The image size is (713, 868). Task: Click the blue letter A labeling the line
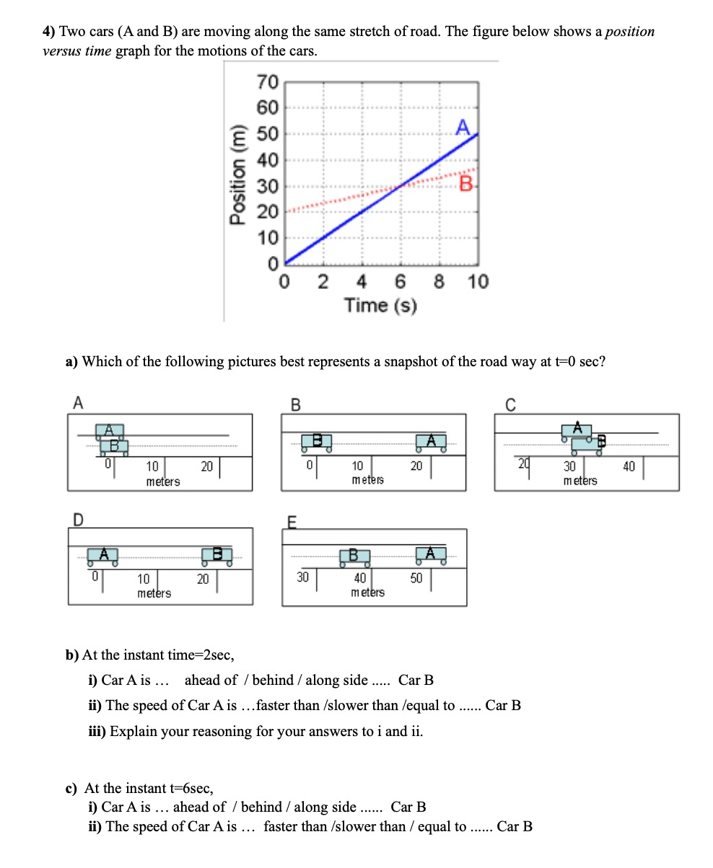tap(463, 128)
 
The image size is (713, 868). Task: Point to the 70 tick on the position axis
tap(266, 82)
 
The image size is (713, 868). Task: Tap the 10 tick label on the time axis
tap(477, 281)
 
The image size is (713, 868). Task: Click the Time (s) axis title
tap(380, 306)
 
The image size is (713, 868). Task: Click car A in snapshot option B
tap(430, 441)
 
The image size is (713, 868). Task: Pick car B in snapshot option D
tap(217, 555)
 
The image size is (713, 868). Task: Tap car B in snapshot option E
tap(354, 556)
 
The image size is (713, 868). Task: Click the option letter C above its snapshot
tap(510, 404)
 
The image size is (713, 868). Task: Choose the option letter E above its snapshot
tap(292, 521)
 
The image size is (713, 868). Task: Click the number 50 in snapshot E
tap(416, 578)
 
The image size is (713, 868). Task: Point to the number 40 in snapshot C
tap(629, 467)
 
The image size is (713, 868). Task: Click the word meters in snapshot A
tap(163, 482)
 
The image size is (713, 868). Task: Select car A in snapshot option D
tap(103, 555)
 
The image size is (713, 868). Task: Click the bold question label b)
tap(72, 655)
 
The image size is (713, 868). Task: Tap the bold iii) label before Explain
tap(97, 731)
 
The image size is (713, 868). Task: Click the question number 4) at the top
tap(48, 32)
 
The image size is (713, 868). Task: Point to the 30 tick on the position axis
tap(266, 187)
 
